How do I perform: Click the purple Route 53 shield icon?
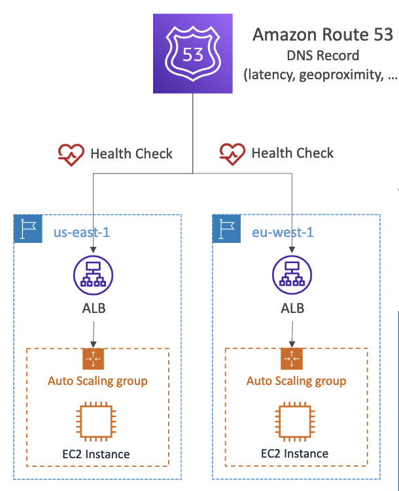click(193, 54)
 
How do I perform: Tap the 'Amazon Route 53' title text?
click(322, 35)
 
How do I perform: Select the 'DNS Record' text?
click(322, 56)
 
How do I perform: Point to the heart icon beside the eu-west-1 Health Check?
click(232, 154)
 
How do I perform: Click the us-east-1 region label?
click(82, 232)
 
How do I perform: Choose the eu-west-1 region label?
click(283, 232)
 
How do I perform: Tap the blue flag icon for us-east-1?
click(28, 229)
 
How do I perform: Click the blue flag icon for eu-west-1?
click(226, 229)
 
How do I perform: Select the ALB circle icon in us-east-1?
click(94, 275)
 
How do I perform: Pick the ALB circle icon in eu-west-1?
click(292, 275)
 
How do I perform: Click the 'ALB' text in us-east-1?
click(94, 308)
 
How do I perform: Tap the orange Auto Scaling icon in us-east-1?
click(94, 359)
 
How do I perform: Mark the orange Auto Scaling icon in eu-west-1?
click(292, 359)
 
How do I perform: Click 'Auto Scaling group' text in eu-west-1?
click(296, 381)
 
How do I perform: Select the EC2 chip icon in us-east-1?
click(96, 422)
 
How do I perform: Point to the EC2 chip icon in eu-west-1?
click(295, 422)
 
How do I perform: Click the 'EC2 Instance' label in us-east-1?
click(96, 454)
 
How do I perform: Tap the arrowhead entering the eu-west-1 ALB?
click(292, 250)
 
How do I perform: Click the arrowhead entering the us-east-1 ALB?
click(94, 250)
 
